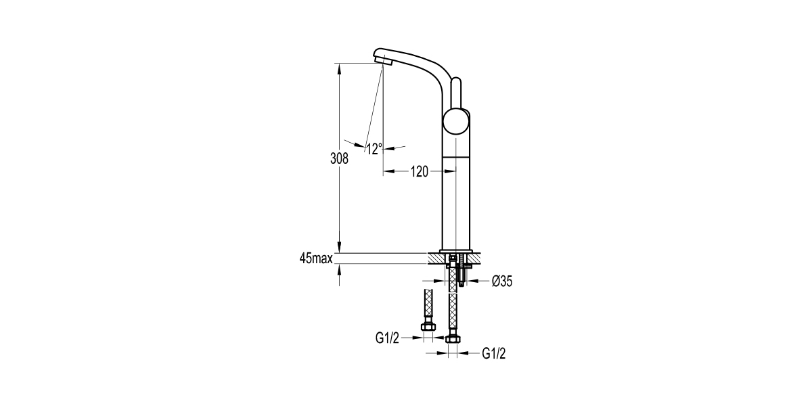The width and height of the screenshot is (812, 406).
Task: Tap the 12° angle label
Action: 374,148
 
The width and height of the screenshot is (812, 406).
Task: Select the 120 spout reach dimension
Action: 420,172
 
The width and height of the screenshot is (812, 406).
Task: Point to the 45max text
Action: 315,258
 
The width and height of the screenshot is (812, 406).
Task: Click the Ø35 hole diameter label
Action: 502,281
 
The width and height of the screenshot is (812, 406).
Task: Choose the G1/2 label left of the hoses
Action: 388,338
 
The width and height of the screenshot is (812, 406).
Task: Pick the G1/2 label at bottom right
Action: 494,353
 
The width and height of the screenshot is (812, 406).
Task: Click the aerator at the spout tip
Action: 384,62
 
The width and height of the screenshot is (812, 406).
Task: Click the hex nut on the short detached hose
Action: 428,328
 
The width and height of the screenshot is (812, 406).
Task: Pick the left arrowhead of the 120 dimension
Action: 388,172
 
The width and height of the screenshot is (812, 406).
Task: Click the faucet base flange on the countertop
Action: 455,252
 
